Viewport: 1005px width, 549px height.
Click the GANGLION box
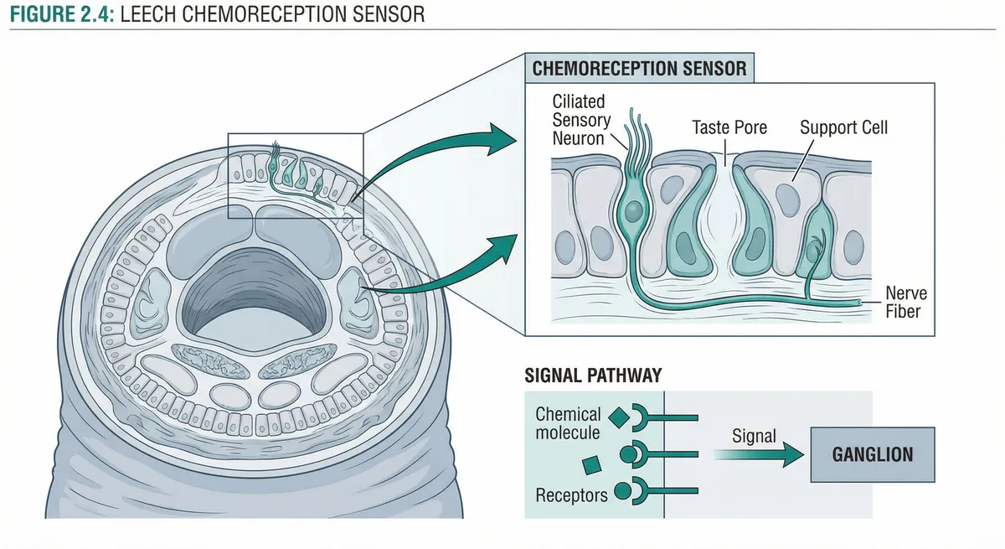[872, 454]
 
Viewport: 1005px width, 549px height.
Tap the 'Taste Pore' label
[729, 128]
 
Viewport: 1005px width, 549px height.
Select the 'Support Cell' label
[843, 128]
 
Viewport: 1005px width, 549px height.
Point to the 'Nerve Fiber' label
[905, 303]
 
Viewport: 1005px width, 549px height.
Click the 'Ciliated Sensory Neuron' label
[578, 120]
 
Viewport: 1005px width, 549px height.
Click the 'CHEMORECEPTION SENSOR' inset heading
[639, 68]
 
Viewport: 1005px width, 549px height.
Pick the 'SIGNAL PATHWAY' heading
[593, 375]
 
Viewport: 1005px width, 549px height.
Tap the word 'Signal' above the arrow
[754, 436]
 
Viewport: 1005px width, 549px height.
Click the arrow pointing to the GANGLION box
[758, 455]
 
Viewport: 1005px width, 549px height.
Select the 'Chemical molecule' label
[568, 423]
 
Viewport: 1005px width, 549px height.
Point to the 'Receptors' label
[571, 495]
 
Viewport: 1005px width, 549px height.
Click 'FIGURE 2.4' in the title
[58, 14]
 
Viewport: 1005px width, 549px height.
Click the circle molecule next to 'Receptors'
[622, 492]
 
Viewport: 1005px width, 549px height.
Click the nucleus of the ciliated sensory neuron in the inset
[634, 209]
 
